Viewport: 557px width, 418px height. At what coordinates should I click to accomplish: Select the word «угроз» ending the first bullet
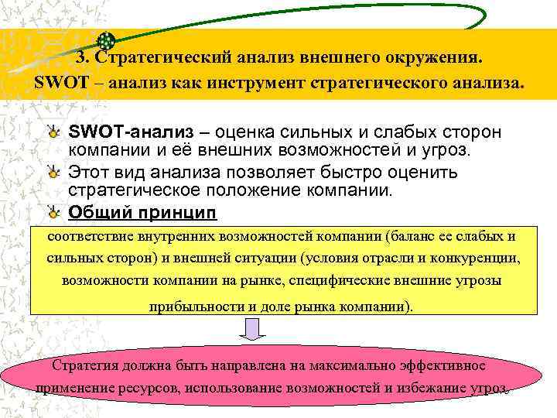[x=392, y=149]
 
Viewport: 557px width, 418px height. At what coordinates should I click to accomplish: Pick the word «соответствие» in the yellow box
[x=81, y=235]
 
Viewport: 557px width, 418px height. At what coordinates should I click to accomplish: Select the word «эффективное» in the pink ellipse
[x=439, y=364]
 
